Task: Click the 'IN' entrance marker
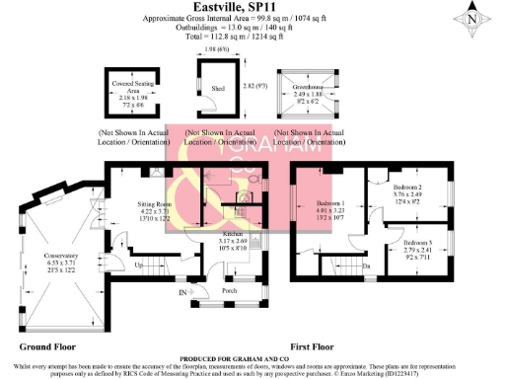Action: pyautogui.click(x=181, y=293)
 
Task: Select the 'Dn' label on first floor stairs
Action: pyautogui.click(x=366, y=266)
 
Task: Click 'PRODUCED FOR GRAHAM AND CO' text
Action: pyautogui.click(x=252, y=357)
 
